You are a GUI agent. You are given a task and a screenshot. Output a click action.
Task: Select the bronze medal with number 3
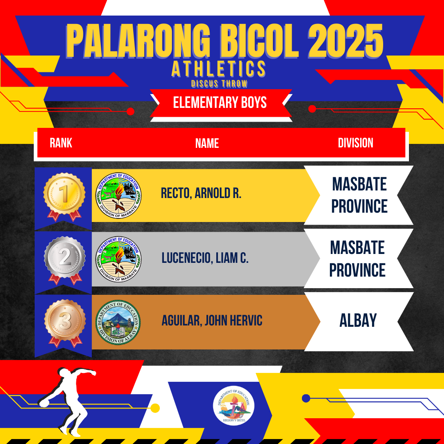(65, 323)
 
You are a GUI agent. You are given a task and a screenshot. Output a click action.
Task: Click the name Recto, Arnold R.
(201, 193)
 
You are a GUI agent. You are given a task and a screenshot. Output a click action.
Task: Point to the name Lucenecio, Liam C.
(205, 258)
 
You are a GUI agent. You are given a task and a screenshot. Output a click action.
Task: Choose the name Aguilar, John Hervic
(212, 321)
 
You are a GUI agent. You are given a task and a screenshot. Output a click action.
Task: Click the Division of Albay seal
(118, 322)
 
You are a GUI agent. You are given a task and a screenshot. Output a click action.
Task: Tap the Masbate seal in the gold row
(119, 195)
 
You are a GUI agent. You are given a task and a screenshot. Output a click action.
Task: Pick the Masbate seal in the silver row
(119, 259)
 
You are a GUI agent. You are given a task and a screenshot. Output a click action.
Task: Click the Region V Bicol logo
(234, 406)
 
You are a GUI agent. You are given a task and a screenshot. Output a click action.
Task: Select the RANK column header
(61, 143)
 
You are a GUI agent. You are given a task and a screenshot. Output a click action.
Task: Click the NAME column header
(207, 143)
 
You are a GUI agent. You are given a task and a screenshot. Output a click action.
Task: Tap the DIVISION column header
(355, 143)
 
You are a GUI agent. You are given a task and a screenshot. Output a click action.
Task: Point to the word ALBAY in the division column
(358, 320)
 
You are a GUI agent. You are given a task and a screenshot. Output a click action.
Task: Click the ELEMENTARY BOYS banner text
(220, 102)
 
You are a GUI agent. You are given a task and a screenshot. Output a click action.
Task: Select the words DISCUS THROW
(219, 83)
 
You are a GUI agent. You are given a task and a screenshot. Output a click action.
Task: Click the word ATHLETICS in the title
(218, 68)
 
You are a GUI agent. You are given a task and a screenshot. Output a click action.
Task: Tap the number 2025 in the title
(345, 41)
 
